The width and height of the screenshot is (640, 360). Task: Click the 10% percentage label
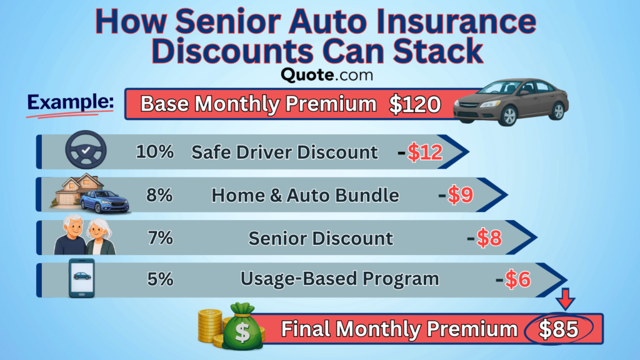(x=154, y=152)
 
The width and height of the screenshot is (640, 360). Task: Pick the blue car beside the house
(x=104, y=202)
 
